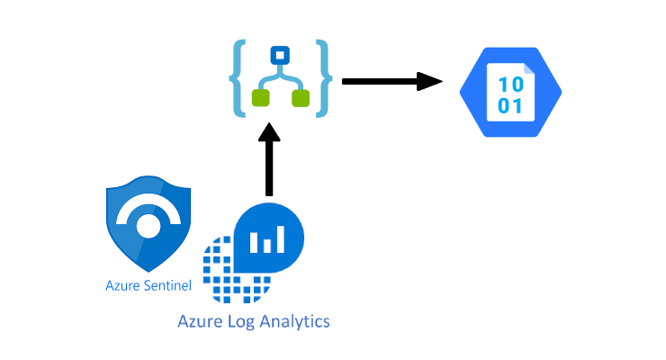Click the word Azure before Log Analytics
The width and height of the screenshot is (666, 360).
click(199, 320)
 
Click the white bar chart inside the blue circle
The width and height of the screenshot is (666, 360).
click(267, 239)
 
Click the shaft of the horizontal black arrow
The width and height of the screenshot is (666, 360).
click(378, 82)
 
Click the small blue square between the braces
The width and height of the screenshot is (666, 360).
click(281, 54)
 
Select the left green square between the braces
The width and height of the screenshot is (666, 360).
click(261, 97)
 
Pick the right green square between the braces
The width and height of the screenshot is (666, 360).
click(301, 97)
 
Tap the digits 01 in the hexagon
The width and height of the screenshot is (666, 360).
click(509, 105)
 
